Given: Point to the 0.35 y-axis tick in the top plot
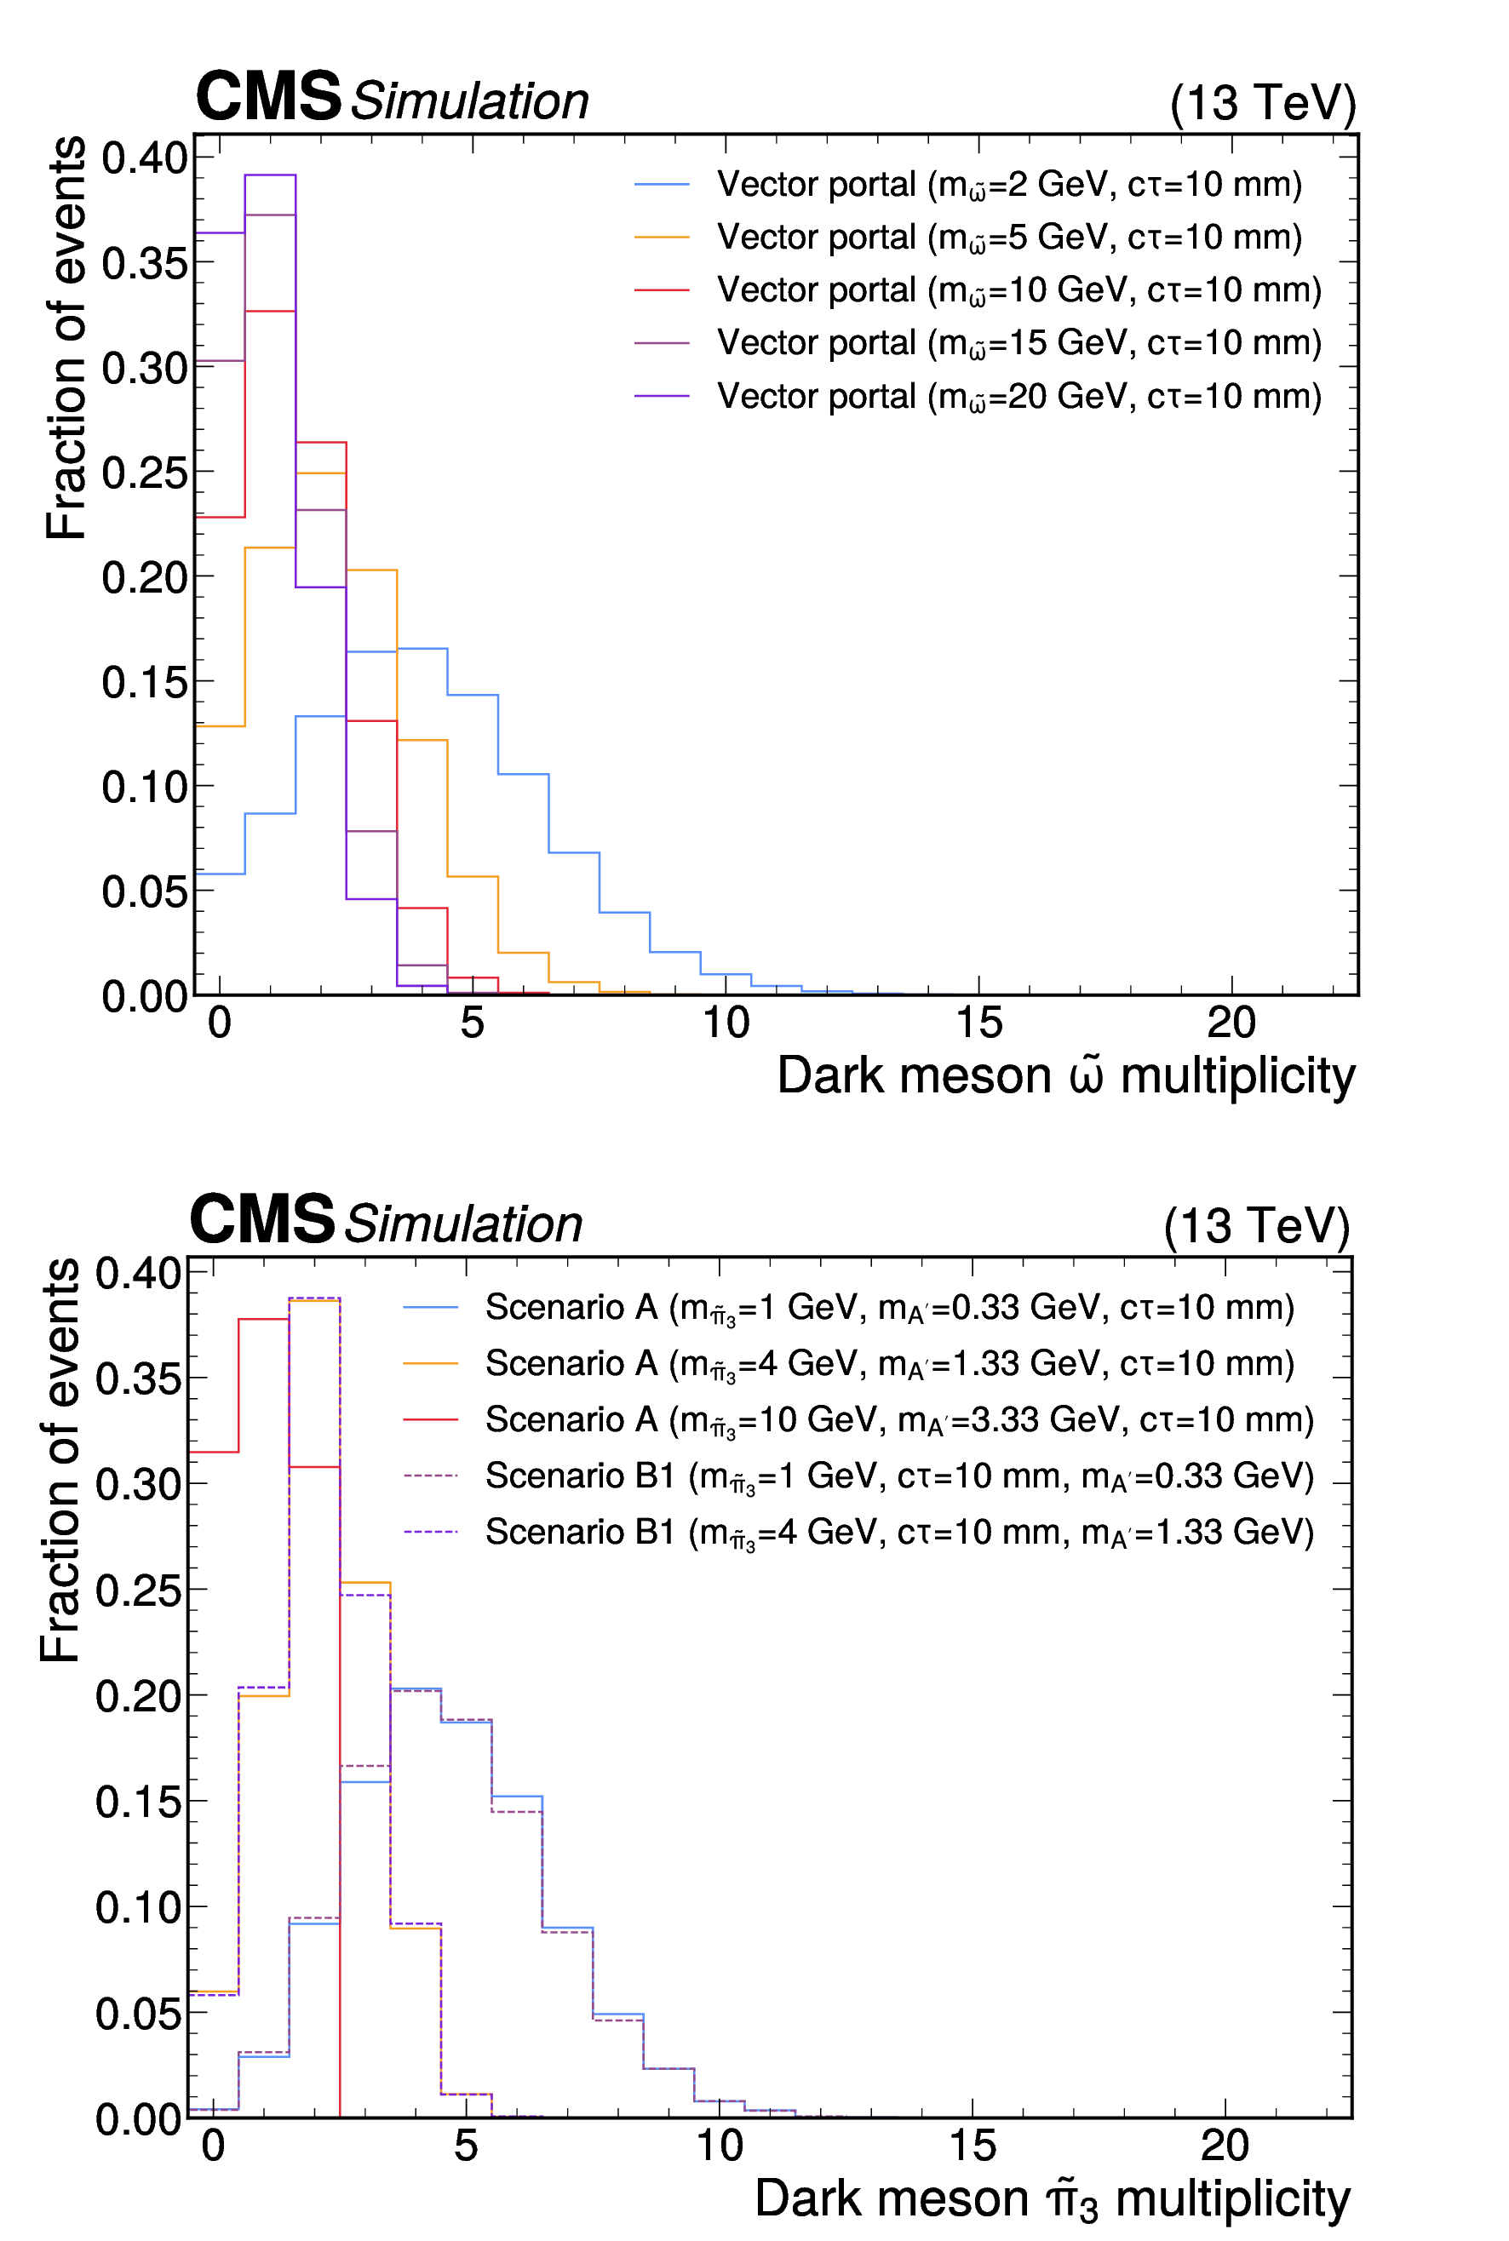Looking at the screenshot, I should click(145, 261).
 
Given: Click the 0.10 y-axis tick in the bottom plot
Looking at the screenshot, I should click(139, 1906).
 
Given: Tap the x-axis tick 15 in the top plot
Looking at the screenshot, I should click(978, 1022).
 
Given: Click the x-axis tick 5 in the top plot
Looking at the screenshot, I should click(472, 1022).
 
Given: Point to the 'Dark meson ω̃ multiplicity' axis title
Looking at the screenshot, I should click(1065, 1075).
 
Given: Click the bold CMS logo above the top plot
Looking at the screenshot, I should click(267, 96).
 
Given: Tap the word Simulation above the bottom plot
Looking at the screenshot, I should click(463, 1224).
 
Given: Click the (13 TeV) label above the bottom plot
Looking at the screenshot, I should click(1257, 1225).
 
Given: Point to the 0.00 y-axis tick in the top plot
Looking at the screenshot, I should click(145, 996).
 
